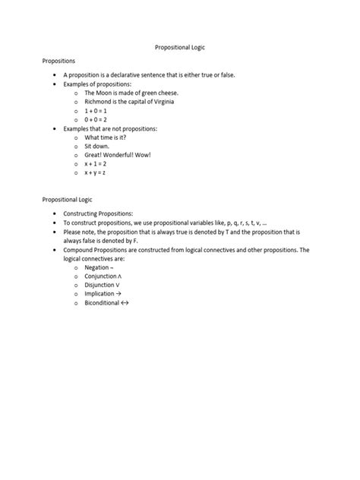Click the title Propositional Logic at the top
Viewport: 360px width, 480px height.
pos(179,47)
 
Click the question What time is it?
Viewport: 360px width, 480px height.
pos(106,137)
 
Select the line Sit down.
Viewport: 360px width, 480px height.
pos(97,147)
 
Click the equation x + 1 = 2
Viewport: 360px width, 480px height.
pos(96,164)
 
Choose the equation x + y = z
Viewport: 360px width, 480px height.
pos(95,173)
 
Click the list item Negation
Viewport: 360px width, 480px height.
pos(99,268)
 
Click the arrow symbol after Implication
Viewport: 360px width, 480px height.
pos(117,294)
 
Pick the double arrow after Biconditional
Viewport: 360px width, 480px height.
pos(125,302)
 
